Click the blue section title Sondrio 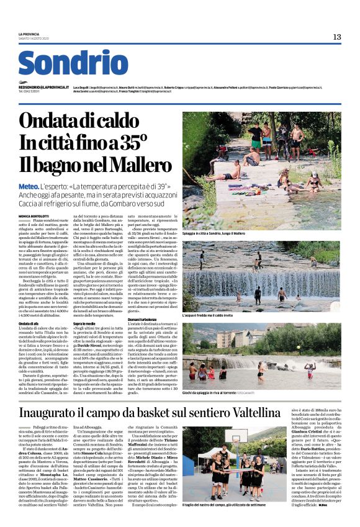(73, 63)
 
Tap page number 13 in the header (336, 37)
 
